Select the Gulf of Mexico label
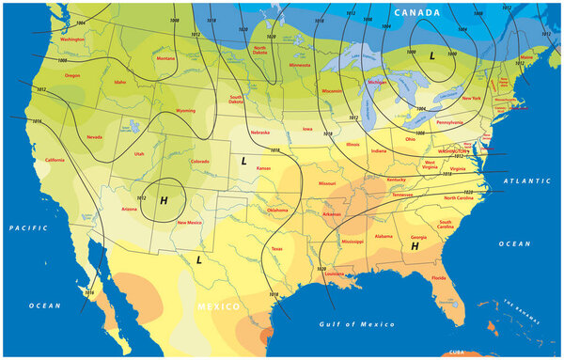click(x=357, y=324)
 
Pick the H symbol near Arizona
click(x=164, y=200)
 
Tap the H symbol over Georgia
click(x=414, y=245)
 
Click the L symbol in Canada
click(x=431, y=56)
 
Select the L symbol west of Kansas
click(x=243, y=161)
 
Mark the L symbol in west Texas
click(x=198, y=258)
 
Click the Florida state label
click(x=439, y=278)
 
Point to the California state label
click(x=55, y=160)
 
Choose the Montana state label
click(x=165, y=58)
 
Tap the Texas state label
click(x=276, y=248)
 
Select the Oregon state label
click(x=72, y=75)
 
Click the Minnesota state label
click(x=300, y=65)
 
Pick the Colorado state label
click(x=200, y=161)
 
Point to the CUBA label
click(x=459, y=352)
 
